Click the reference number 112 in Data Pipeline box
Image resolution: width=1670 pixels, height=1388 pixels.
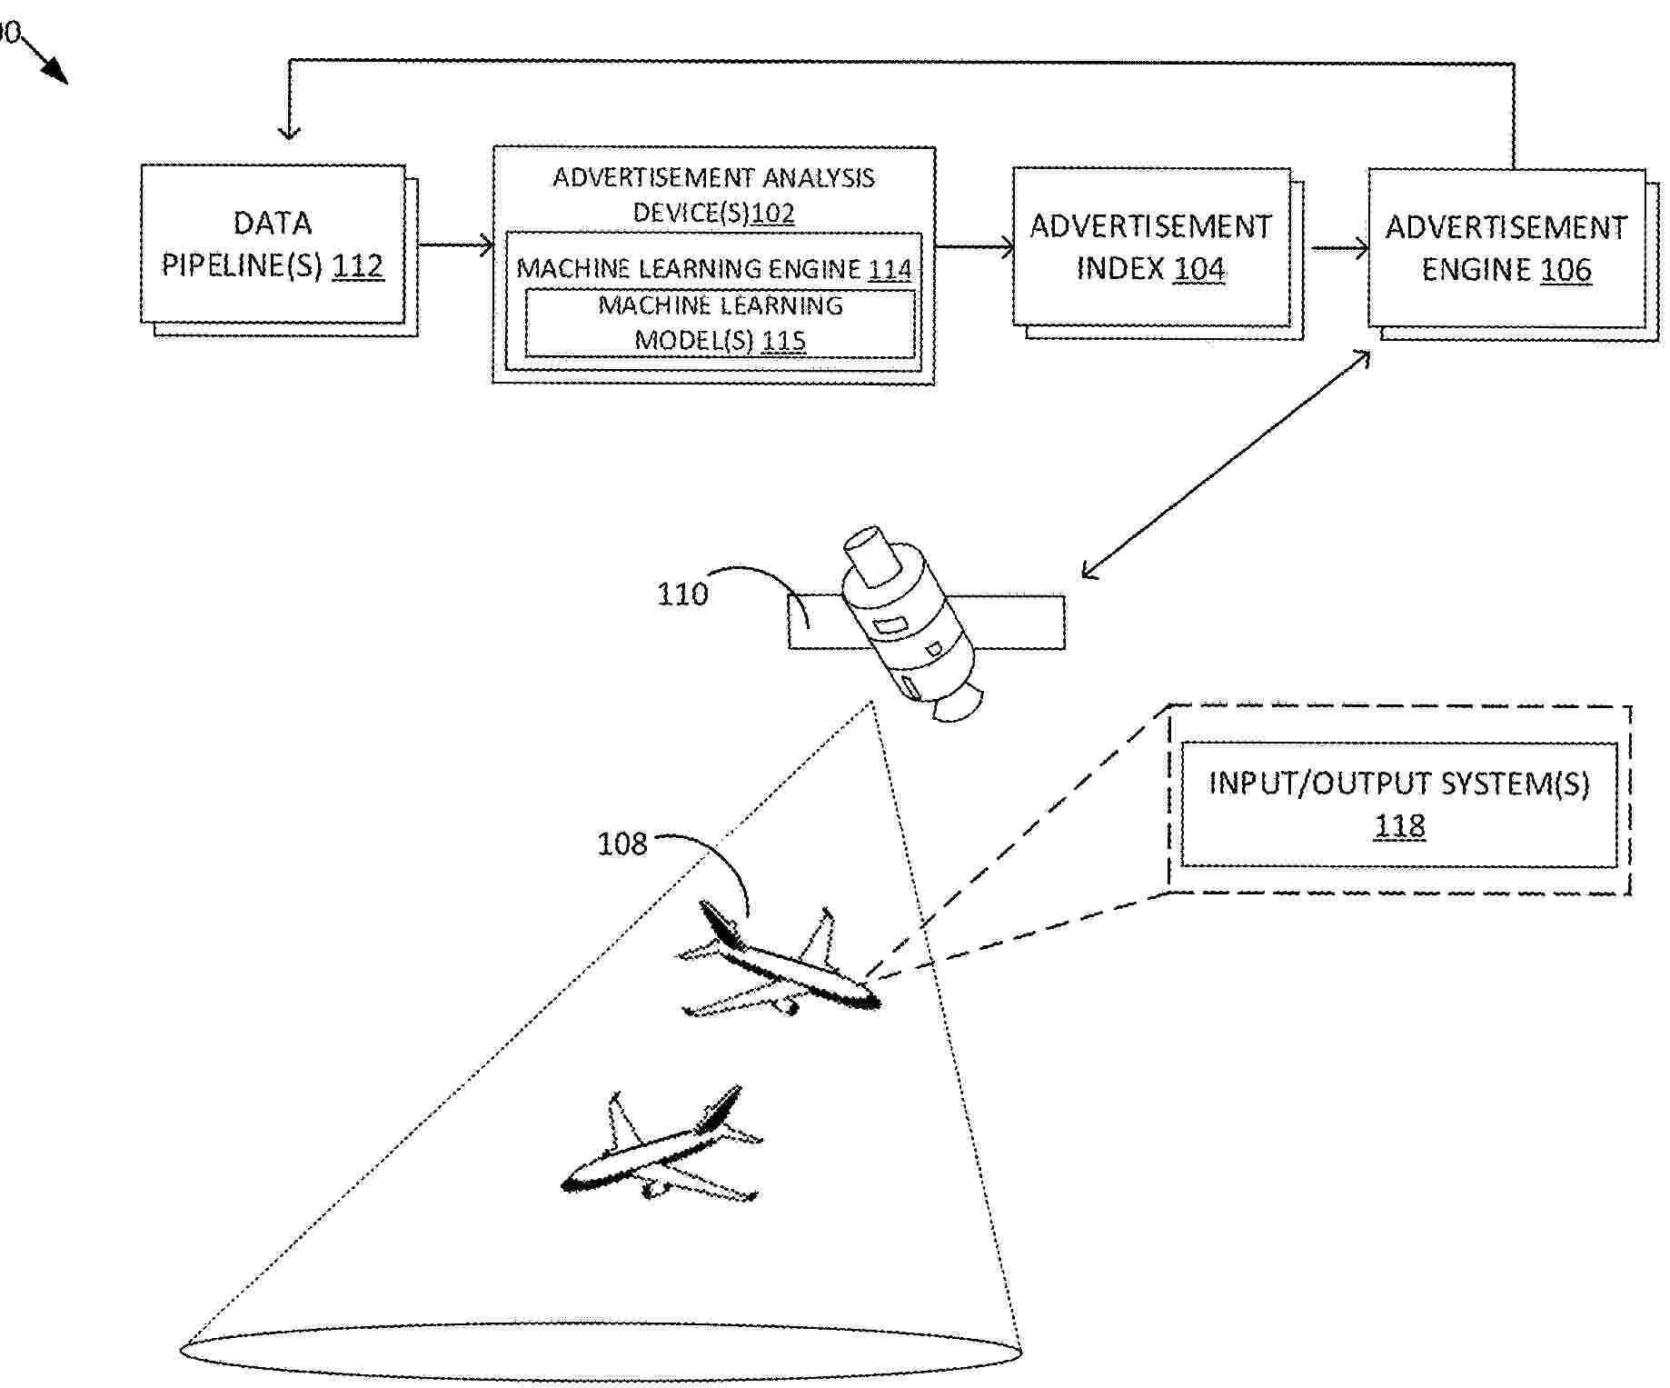pyautogui.click(x=358, y=265)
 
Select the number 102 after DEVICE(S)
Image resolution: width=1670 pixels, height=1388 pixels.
pyautogui.click(x=773, y=213)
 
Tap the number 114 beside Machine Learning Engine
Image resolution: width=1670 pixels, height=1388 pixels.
pyautogui.click(x=890, y=269)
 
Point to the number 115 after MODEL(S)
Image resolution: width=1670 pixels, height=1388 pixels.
pyautogui.click(x=783, y=340)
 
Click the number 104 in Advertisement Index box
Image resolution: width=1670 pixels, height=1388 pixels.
pyautogui.click(x=1199, y=269)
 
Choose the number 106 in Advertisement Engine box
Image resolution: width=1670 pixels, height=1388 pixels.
pyautogui.click(x=1566, y=270)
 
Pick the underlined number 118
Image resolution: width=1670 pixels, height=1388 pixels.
pyautogui.click(x=1399, y=825)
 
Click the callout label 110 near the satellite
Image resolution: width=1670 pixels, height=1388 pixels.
pyautogui.click(x=681, y=594)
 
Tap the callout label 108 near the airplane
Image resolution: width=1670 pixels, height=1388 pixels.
pyautogui.click(x=621, y=844)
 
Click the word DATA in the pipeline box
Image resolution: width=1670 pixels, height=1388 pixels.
pyautogui.click(x=273, y=223)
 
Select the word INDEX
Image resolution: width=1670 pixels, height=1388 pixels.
pyautogui.click(x=1120, y=269)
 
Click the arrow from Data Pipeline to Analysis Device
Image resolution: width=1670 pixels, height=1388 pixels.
pyautogui.click(x=454, y=245)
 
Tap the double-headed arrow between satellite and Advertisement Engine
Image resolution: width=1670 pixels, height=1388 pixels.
pyautogui.click(x=1227, y=464)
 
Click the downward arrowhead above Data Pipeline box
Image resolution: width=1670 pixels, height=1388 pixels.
pyautogui.click(x=289, y=132)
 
